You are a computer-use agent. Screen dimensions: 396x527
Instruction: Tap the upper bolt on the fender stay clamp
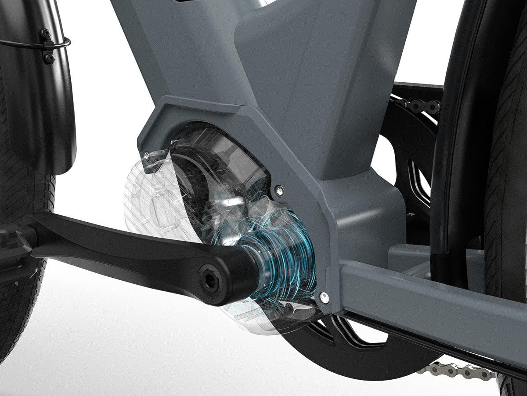point(45,33)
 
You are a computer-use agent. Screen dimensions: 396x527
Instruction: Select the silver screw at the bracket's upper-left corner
point(145,154)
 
